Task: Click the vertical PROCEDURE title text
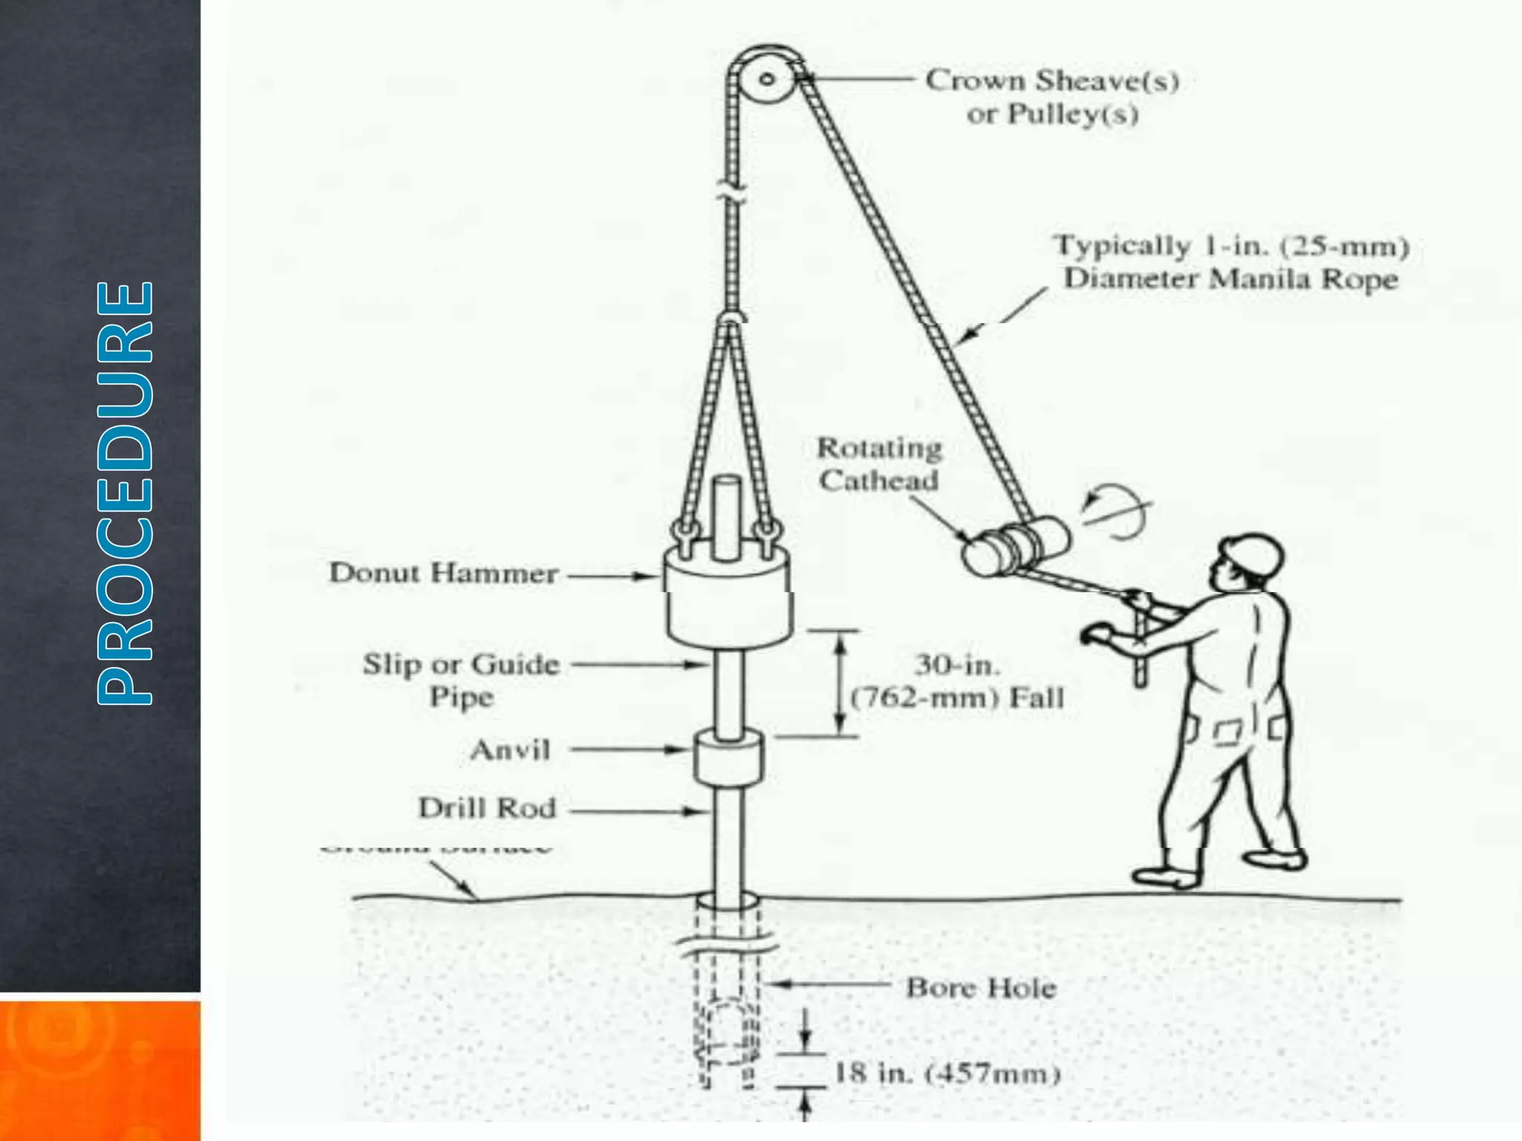click(x=125, y=492)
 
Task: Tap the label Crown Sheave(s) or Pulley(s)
click(x=1052, y=97)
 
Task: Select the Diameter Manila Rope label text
click(x=1231, y=279)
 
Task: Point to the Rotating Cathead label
click(x=879, y=464)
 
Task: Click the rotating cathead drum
click(x=1017, y=547)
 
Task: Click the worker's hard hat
click(x=1254, y=553)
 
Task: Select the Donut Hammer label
click(x=444, y=573)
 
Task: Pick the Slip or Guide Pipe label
click(x=461, y=680)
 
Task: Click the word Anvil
click(x=511, y=750)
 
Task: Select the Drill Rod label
click(x=487, y=808)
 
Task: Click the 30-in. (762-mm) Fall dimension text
click(x=957, y=681)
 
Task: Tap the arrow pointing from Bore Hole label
click(x=829, y=984)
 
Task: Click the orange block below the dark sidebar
click(x=100, y=1070)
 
